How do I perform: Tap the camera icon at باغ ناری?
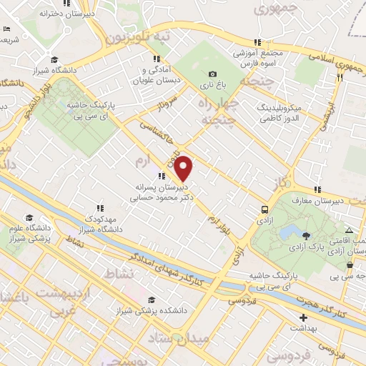pyautogui.click(x=212, y=74)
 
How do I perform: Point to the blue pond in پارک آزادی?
pyautogui.click(x=289, y=232)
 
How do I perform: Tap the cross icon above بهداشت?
pyautogui.click(x=304, y=317)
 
